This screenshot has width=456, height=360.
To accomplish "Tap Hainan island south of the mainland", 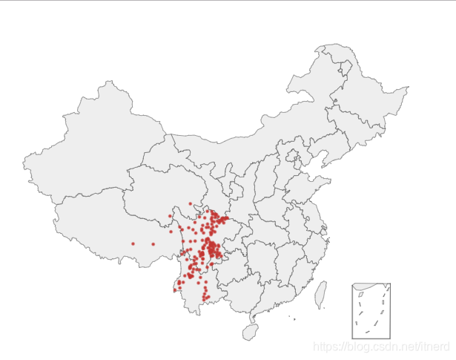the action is (x=251, y=331).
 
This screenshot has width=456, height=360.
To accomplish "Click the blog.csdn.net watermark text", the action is (x=381, y=347).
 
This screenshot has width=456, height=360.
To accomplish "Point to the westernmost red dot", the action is (x=133, y=243).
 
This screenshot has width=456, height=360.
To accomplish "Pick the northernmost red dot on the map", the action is (x=191, y=203).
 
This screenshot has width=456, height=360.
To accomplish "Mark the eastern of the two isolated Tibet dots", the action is (x=153, y=244).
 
